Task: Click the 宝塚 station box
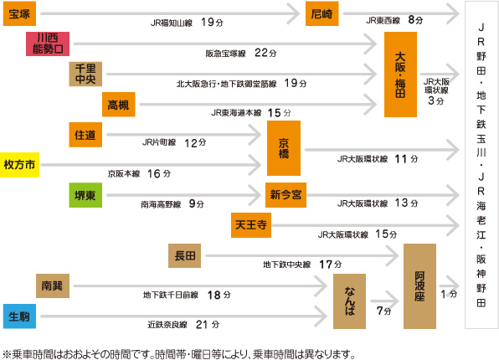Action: [19, 13]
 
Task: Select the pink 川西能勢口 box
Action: [48, 44]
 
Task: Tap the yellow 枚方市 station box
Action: [19, 165]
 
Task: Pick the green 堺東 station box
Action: [85, 195]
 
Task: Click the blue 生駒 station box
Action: [19, 316]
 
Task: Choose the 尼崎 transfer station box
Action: [322, 13]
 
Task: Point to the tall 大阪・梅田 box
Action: [400, 75]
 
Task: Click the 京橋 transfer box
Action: [284, 148]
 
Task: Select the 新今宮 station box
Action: [286, 195]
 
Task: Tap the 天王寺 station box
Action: [251, 225]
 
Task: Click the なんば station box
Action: [349, 301]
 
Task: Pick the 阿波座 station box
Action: [419, 286]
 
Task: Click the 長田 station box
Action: [184, 255]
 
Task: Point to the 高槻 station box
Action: [119, 105]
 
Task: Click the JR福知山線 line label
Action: [172, 23]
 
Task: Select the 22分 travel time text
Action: [265, 53]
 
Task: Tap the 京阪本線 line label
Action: [124, 174]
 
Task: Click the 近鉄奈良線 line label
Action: [167, 325]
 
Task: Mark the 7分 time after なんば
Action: [383, 311]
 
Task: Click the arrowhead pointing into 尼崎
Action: [293, 13]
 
